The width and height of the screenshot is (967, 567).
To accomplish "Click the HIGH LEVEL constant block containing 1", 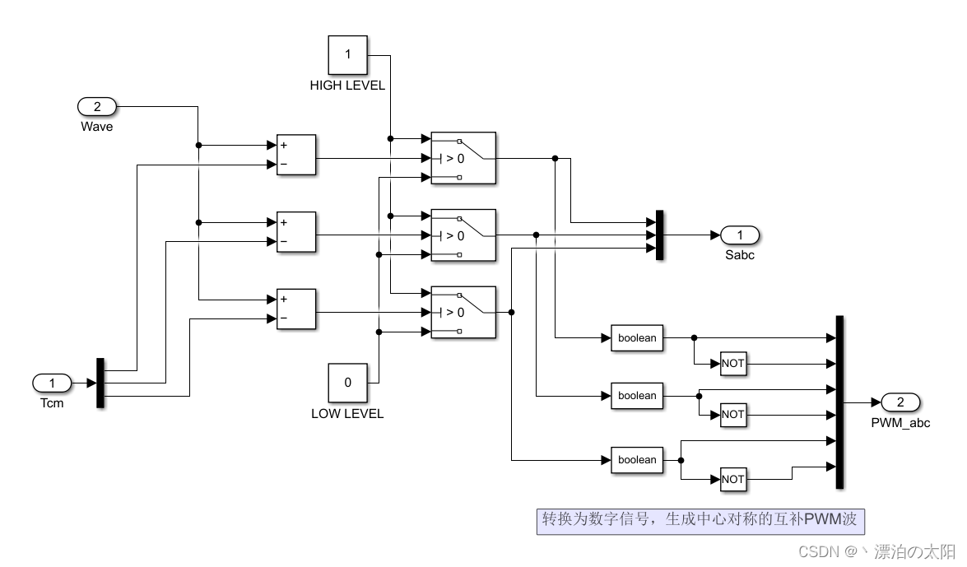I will (x=347, y=55).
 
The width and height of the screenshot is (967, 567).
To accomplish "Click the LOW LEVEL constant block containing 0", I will (x=347, y=383).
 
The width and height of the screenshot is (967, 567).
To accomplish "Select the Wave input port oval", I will (x=97, y=106).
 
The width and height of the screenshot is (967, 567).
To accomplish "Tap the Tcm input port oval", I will (x=53, y=383).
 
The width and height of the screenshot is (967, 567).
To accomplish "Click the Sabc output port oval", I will (x=740, y=235).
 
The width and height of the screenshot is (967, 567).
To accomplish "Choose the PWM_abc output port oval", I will (x=900, y=402).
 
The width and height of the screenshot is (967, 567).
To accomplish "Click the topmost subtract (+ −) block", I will (x=296, y=155).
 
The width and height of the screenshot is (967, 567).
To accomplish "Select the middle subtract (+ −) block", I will (x=296, y=232).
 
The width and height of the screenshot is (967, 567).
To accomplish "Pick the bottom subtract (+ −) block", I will (x=296, y=309).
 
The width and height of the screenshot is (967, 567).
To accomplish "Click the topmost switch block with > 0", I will (x=463, y=157).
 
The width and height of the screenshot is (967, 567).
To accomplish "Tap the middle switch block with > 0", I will (x=463, y=235).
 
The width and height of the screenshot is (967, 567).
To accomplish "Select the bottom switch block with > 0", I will (x=463, y=312).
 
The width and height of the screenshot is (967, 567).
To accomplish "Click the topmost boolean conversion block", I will (x=637, y=337).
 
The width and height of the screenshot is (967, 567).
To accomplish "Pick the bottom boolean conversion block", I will (x=637, y=460).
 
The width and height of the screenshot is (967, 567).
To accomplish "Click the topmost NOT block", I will (x=732, y=364).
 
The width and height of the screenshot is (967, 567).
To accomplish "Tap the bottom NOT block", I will (x=732, y=479).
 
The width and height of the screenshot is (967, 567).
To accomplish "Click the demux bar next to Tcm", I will (x=100, y=383).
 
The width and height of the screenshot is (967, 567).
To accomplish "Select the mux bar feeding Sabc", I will (x=659, y=235).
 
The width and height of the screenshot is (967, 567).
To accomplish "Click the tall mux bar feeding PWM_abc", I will (x=839, y=402).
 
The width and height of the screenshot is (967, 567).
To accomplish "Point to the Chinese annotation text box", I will (x=700, y=520).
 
